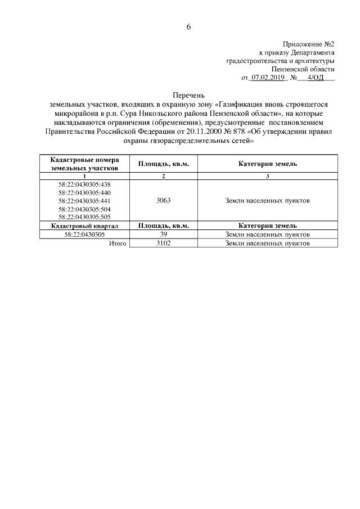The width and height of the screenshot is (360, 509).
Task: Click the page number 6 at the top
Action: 189,27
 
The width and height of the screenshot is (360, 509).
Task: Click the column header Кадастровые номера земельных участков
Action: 84,164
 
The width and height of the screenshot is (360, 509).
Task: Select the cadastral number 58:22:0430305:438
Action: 84,184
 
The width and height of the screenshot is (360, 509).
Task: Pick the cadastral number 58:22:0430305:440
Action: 84,192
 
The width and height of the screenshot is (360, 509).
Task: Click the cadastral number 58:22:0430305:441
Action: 84,201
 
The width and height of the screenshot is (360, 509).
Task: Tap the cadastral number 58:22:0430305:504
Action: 84,209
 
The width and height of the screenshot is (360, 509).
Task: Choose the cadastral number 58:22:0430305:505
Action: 84,217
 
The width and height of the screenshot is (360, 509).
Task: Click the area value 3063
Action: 163,201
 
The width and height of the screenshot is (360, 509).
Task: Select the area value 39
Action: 163,235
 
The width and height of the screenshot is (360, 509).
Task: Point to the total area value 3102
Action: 163,244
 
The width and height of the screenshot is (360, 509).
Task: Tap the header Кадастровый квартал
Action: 84,226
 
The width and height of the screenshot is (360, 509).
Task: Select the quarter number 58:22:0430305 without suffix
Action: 84,235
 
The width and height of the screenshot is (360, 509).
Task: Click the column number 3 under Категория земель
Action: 267,177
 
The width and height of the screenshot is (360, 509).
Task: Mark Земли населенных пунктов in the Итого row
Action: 267,244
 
